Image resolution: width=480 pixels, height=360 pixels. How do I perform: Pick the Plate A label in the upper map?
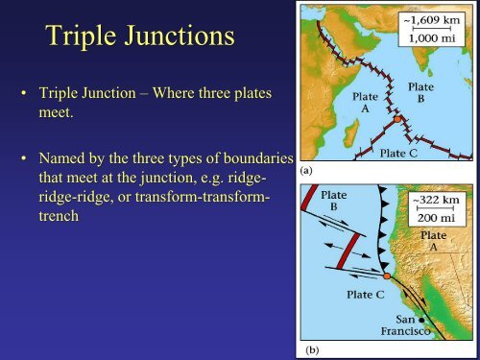tap(366, 103)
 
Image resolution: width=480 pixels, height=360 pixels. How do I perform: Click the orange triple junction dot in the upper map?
tap(396, 122)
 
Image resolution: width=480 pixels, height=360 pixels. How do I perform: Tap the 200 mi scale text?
tap(441, 218)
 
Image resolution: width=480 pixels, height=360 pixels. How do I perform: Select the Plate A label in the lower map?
tap(440, 242)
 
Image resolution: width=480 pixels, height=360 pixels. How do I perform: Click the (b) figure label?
tap(313, 350)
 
